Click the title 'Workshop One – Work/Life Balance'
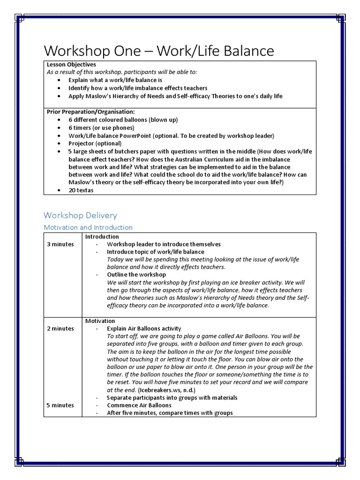(159, 51)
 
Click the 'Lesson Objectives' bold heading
(71, 64)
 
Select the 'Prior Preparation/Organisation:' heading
(91, 112)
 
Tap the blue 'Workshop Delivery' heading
(80, 215)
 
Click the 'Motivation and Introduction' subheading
(88, 227)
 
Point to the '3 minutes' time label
(60, 244)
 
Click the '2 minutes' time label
(60, 329)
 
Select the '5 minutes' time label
(60, 405)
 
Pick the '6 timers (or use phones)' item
(101, 127)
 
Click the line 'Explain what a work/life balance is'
(115, 80)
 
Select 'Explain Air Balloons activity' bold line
(144, 329)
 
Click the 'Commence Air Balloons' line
(139, 405)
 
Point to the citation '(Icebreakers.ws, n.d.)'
(166, 390)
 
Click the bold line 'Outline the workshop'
(136, 275)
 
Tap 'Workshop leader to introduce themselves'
(164, 244)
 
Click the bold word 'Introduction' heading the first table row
(102, 237)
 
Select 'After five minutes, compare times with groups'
(170, 413)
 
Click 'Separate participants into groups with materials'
(172, 397)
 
